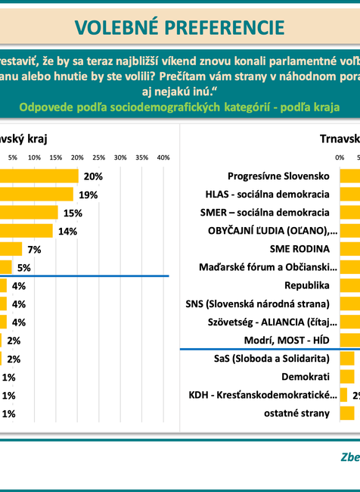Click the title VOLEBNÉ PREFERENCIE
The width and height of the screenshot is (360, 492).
click(x=180, y=26)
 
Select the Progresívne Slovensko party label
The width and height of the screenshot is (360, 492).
click(x=279, y=176)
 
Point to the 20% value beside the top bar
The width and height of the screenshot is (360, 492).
click(x=93, y=176)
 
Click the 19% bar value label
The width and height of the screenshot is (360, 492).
click(x=88, y=195)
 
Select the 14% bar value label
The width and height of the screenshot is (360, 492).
click(x=67, y=232)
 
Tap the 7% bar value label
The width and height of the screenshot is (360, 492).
click(x=34, y=250)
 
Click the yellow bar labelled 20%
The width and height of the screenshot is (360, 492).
click(x=39, y=176)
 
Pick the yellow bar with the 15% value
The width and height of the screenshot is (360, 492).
click(x=29, y=213)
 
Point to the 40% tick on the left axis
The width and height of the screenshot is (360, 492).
click(x=163, y=157)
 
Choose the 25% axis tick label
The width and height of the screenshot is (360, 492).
click(x=98, y=157)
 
